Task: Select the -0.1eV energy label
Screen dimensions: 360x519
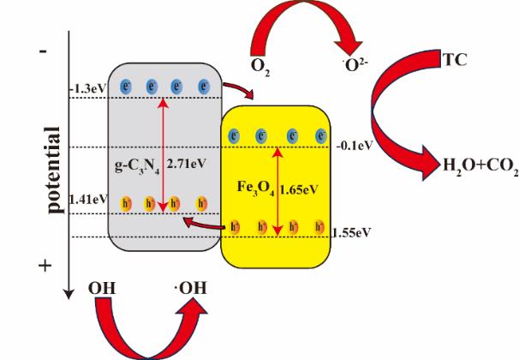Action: pyautogui.click(x=354, y=146)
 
